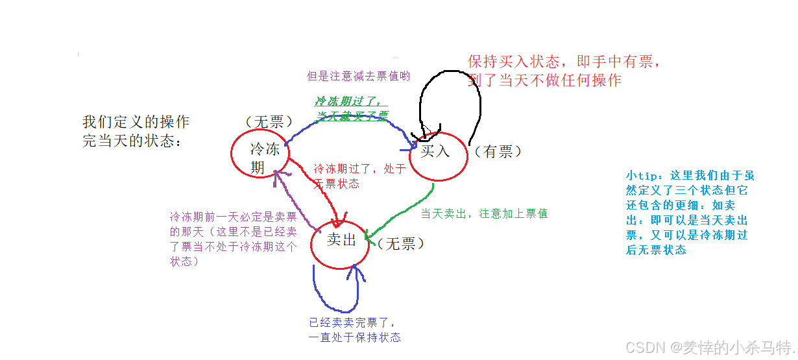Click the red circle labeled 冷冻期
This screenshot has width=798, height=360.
pos(260,152)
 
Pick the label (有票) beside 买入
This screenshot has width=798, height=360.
pos(498,151)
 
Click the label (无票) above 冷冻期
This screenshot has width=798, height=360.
pos(269,121)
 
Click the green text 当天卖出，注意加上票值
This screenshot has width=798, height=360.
pos(484,213)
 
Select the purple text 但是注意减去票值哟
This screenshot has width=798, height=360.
pos(358,76)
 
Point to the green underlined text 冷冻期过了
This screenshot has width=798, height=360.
pos(351,101)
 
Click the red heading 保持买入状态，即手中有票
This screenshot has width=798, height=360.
pos(564,62)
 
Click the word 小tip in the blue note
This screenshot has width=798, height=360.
pos(642,175)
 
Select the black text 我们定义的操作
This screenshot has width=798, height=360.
pos(136,122)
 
